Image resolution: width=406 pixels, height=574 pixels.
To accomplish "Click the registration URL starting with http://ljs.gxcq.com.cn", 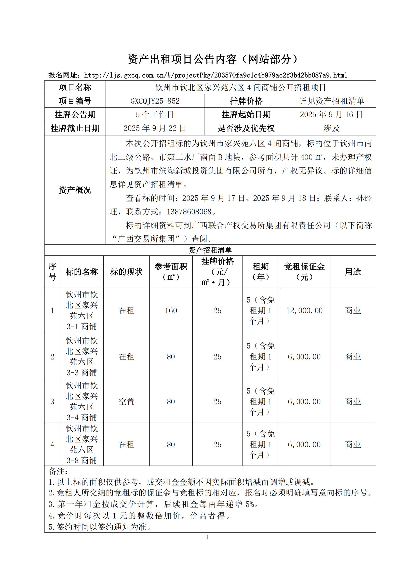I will [216, 75].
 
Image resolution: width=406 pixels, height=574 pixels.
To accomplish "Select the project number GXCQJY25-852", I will [155, 101].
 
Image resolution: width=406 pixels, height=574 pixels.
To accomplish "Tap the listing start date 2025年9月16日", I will [331, 115].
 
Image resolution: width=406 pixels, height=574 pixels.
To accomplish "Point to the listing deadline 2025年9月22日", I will [155, 128].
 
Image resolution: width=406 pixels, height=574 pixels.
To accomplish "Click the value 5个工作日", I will [155, 115].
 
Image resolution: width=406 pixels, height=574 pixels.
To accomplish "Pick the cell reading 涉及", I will [331, 128].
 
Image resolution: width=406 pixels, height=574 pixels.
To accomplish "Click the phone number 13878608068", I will [189, 212].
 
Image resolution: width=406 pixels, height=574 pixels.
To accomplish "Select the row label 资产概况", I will [75, 190].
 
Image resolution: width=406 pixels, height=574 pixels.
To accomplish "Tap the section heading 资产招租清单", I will [210, 250].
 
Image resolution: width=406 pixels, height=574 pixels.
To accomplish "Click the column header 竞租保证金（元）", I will [304, 272].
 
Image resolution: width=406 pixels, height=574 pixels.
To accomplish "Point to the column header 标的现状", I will [126, 272].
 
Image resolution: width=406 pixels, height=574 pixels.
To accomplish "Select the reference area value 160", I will [171, 310].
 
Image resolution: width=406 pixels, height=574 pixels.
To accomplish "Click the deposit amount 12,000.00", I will [304, 310].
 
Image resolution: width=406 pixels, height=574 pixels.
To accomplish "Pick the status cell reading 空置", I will [126, 401].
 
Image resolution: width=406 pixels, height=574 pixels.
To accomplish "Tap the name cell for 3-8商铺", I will [81, 444].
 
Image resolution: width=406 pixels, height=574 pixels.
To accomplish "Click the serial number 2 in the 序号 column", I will [52, 357].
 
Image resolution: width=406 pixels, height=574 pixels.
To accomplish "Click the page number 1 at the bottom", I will [208, 537].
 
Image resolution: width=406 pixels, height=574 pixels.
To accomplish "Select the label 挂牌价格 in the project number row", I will [246, 101].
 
